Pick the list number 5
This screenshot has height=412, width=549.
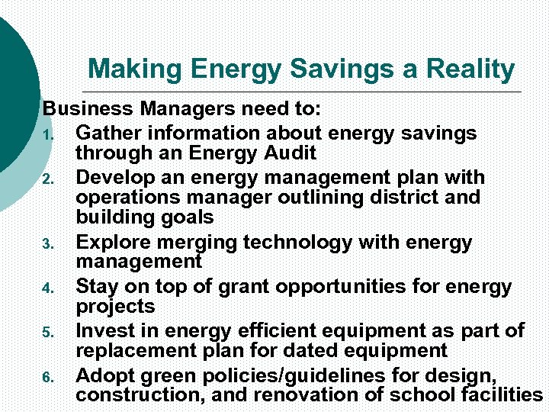47,333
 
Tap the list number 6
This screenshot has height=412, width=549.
47,378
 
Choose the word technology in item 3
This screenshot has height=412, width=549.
297,243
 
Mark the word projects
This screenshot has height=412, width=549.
115,307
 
